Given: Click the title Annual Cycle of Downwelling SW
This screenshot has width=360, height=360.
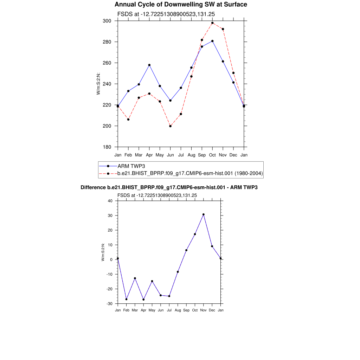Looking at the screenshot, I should coord(181,5).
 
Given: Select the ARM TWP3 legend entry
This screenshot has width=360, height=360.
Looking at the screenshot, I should coord(131,166).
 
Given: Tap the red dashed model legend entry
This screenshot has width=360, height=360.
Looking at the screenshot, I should coord(190,173).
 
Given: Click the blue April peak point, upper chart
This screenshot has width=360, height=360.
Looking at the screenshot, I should coord(149,65).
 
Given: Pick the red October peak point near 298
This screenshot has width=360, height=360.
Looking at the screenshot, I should coord(212,23).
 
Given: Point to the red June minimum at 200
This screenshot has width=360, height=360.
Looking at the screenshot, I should coord(171,126).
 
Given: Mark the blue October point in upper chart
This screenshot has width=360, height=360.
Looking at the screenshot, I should coord(212,41).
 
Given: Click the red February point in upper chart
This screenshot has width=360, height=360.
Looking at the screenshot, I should coord(128,120).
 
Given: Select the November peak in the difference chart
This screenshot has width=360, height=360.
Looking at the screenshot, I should coord(204,214).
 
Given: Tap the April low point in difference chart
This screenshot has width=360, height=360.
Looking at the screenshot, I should coord(143,300).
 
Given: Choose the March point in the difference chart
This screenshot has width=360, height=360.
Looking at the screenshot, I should coord(135,278).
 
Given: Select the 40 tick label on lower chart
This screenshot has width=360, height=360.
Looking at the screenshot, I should coord(110,201).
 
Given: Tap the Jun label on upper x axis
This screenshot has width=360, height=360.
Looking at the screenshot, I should coord(170,155).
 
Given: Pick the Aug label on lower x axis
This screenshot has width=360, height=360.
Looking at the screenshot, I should coord(178,310).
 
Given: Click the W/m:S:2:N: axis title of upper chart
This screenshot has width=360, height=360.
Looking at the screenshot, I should coord(98,84).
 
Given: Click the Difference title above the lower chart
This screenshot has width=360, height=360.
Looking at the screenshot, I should coord(169,187).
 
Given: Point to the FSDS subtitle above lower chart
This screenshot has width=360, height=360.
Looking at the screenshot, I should coord(157,195).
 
